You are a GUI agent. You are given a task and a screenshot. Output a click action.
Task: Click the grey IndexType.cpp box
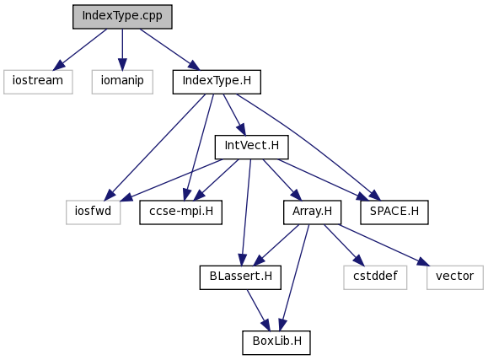pos(122,17)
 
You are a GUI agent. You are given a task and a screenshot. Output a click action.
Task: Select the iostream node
pos(38,82)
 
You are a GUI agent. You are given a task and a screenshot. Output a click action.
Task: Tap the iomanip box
pos(122,82)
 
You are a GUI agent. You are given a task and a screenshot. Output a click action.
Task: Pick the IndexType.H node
pos(217,82)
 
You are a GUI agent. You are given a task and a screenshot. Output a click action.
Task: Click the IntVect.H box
pos(251,147)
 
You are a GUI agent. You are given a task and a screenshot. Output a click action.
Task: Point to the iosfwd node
pos(93,212)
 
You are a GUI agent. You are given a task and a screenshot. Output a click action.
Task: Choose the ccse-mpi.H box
pos(181,212)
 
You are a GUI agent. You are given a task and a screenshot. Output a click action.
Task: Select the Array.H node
pos(312,212)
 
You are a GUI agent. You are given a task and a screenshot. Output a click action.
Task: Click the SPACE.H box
pos(394,212)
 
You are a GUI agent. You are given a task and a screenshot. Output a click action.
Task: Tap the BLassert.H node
pos(240,277)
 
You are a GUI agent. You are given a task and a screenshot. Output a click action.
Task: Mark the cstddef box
pos(375,277)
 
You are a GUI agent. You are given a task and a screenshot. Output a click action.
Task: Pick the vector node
pos(455,277)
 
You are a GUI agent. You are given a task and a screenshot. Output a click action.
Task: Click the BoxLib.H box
pos(276,342)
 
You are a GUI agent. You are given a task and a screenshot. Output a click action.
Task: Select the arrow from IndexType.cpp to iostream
pos(80,50)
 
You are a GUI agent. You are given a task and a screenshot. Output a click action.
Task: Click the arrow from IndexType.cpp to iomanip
pos(122,50)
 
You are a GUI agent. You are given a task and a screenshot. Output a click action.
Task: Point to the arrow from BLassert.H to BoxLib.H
pos(258,310)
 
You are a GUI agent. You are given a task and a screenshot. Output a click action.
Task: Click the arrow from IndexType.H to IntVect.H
pos(234,115)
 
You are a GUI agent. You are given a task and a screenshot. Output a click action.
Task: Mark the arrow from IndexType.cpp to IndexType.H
pos(169,50)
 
